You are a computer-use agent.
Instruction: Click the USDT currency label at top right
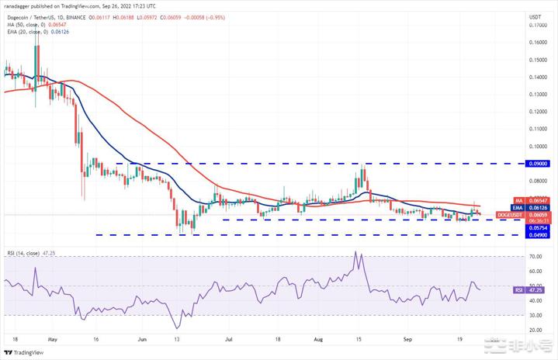[x=535, y=16]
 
